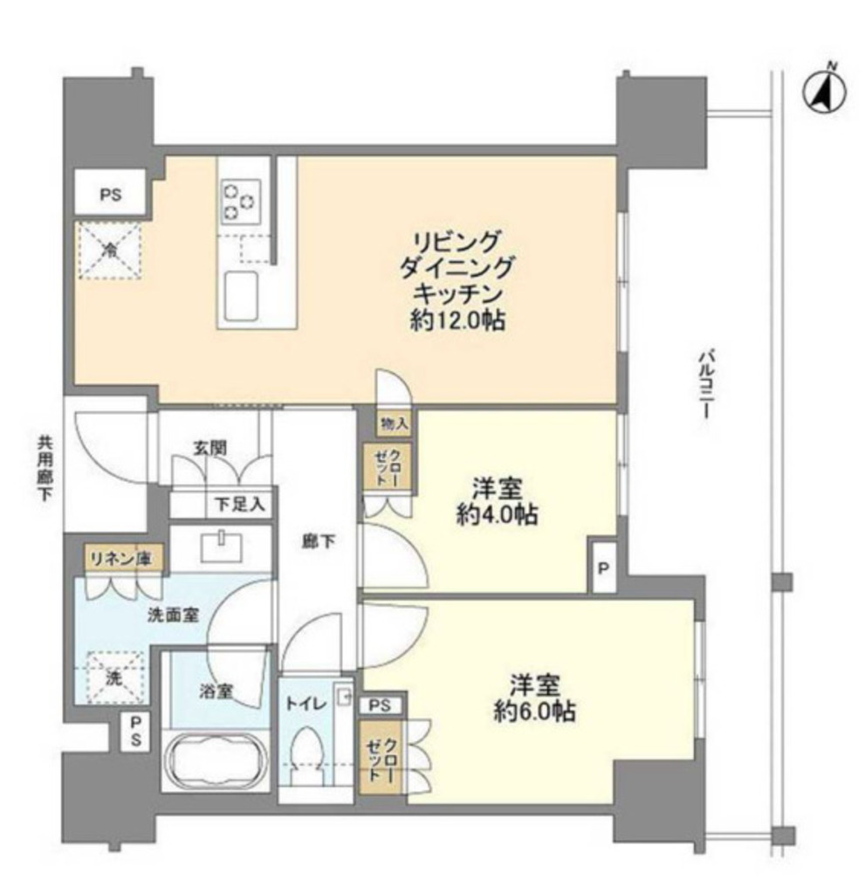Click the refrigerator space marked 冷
coord(109,251)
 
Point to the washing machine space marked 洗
coord(113,677)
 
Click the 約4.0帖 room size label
coord(497,515)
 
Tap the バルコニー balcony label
coord(705,385)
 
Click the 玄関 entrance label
coord(209,448)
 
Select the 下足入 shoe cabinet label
coord(240,504)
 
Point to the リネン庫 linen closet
coord(120,560)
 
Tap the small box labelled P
coord(602,568)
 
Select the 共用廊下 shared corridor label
coord(45,468)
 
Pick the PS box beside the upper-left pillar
coord(111,195)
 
